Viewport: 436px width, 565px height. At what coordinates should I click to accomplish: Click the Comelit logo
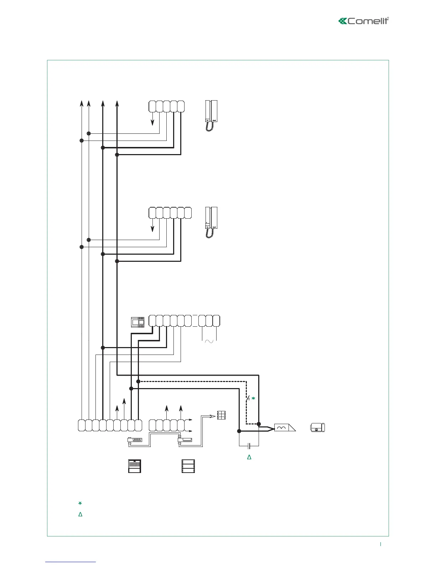(x=363, y=21)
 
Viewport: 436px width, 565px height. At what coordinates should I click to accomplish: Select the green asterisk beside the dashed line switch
(x=253, y=398)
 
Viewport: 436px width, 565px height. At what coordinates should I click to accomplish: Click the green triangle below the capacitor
(x=249, y=457)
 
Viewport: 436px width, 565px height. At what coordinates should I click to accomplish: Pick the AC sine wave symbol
(x=209, y=341)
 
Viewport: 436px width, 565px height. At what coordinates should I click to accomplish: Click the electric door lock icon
(x=317, y=427)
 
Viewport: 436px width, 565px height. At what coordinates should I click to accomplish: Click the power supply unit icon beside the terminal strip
(x=138, y=322)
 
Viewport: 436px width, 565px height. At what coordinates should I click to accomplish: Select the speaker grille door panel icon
(x=135, y=466)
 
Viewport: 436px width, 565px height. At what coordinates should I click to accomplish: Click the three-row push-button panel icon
(x=188, y=466)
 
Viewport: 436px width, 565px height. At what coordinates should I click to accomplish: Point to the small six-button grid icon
(x=222, y=415)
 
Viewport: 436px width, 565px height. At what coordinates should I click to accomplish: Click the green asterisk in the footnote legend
(x=80, y=503)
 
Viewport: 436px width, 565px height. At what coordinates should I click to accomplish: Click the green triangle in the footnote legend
(x=80, y=514)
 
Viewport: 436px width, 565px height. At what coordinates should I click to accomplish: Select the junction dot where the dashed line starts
(x=138, y=381)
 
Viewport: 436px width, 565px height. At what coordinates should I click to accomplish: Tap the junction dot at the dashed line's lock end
(x=259, y=424)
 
